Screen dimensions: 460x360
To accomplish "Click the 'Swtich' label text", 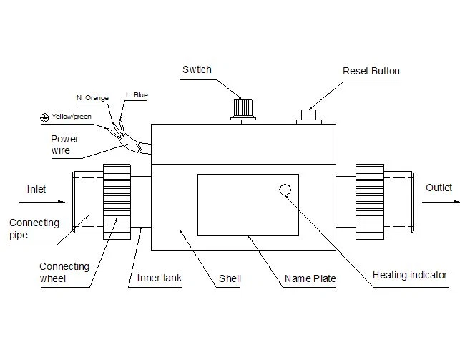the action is click(197, 69).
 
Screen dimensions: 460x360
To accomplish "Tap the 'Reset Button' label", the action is click(371, 71).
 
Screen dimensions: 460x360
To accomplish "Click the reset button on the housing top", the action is click(308, 117).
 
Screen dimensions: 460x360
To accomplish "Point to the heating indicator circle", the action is click(285, 190).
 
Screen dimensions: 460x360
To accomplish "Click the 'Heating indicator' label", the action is click(410, 275).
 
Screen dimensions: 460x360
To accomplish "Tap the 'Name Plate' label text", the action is click(310, 278).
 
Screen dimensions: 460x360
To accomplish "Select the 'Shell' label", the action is click(230, 278).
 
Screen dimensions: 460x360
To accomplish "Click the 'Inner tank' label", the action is click(160, 278).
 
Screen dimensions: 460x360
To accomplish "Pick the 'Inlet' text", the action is click(36, 189).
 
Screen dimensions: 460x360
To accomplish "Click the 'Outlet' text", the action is click(439, 188).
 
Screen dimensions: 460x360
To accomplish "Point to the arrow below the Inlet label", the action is click(41, 202).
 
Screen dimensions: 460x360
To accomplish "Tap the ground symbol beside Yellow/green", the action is click(44, 117).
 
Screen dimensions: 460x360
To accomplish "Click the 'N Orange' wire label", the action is click(93, 98).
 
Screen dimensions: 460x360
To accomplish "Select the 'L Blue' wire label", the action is click(137, 95).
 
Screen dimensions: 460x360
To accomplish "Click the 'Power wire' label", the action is click(65, 145).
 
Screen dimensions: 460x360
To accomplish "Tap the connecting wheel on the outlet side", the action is click(370, 202).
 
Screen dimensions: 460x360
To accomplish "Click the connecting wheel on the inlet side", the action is click(117, 202).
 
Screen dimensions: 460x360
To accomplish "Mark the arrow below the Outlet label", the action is click(441, 202).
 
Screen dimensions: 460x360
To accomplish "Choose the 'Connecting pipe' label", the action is click(34, 229).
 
